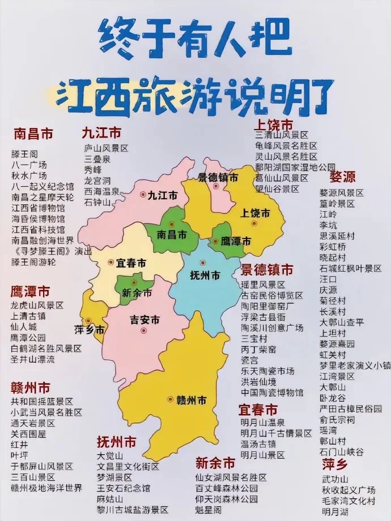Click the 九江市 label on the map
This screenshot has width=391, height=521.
pos(162,196)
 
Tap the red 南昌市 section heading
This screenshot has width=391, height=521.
pos(33,134)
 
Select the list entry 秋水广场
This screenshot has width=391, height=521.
pos(29,175)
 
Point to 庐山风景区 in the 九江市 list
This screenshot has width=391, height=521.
pos(107,148)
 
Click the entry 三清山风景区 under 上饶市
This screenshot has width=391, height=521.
pos(282,135)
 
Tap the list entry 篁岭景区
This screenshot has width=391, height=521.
pos(337,203)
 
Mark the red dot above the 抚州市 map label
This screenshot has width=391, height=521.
pos(203,263)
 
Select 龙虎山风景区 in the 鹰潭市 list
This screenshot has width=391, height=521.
pos(37,305)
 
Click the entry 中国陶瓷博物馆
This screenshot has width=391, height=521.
pos(272,392)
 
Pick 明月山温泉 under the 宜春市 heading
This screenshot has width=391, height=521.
pos(262,422)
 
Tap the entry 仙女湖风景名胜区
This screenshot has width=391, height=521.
pos(231,478)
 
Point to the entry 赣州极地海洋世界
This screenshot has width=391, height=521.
pos(46,488)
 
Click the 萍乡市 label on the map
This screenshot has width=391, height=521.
pos(90,330)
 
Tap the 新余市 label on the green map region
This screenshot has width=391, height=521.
pos(137,293)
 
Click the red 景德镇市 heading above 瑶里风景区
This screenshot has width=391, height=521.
pos(267,269)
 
